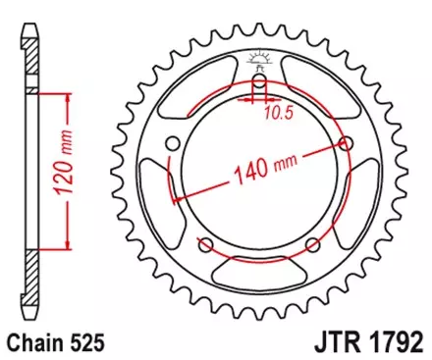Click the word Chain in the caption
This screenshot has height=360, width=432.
pos(36,344)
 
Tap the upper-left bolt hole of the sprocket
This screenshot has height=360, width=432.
pos(174,144)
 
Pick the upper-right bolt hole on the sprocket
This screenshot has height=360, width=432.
pos(346,144)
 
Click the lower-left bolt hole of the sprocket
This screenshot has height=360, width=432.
pos(206,245)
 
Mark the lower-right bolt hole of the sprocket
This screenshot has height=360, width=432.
pos(312,245)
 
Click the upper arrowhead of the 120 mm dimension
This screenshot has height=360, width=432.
pos(67,96)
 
